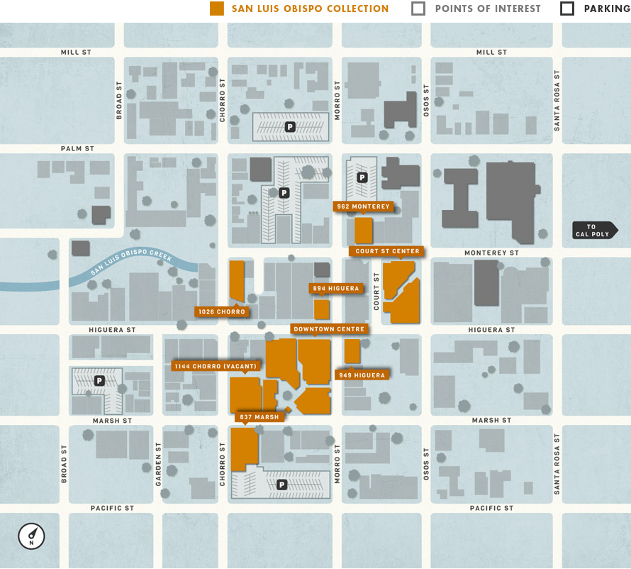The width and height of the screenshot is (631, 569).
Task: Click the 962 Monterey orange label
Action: pos(363,206)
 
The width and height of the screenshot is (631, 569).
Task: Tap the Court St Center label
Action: pos(386,251)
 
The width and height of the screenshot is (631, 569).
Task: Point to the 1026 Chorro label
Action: pos(222,311)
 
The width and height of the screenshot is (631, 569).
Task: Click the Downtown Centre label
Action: pos(329,329)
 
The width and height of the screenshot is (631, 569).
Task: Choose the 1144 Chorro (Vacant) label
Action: pos(216,366)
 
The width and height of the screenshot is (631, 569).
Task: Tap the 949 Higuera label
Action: pos(362,375)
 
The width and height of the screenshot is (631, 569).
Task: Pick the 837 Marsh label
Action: pos(259,417)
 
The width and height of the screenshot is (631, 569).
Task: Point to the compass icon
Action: pos(31,536)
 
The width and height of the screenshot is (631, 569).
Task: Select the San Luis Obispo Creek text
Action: pos(131,262)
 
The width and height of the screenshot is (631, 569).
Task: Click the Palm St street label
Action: pos(77,149)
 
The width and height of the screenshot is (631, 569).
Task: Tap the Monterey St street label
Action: pos(491,253)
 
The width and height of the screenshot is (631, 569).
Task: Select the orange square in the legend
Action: pos(217,9)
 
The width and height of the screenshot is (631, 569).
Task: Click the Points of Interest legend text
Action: pos(487,9)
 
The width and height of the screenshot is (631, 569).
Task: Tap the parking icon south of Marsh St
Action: pos(282,485)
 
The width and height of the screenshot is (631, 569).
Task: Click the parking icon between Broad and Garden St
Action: pos(99,381)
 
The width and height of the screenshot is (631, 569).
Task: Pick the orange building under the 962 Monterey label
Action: pos(363,231)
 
